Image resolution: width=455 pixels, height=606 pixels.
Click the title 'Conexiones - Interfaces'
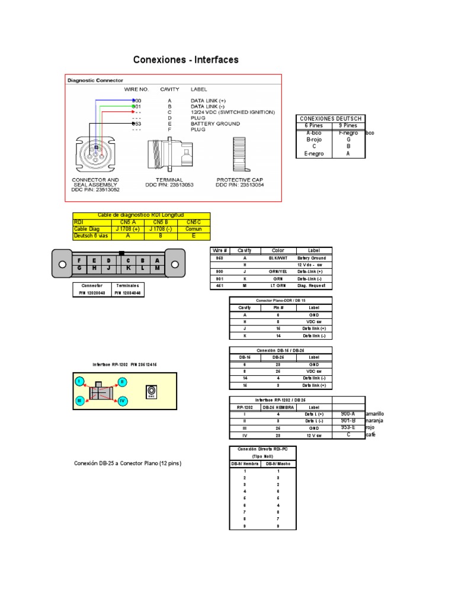(185, 60)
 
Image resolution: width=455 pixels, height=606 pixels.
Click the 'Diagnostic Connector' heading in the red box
(95, 80)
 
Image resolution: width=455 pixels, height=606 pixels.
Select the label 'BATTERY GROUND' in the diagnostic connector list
(215, 124)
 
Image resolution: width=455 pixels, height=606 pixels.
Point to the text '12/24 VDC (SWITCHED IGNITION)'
(232, 112)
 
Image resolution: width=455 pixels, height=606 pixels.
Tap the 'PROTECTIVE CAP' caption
(239, 179)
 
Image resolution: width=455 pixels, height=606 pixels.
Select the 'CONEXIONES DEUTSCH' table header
(331, 118)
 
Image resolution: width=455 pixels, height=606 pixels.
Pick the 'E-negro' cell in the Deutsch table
(313, 153)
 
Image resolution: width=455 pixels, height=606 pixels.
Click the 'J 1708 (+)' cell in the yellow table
(129, 228)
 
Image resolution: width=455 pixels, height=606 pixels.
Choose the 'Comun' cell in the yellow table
(193, 228)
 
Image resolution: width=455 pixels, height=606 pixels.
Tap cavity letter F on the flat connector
(78, 260)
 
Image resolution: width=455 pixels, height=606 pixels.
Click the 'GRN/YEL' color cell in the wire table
(278, 272)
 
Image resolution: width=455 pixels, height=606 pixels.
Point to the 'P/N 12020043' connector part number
(91, 293)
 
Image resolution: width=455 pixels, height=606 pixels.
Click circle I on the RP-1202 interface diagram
(78, 382)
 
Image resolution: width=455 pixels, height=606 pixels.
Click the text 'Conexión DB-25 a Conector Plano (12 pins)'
(127, 463)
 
